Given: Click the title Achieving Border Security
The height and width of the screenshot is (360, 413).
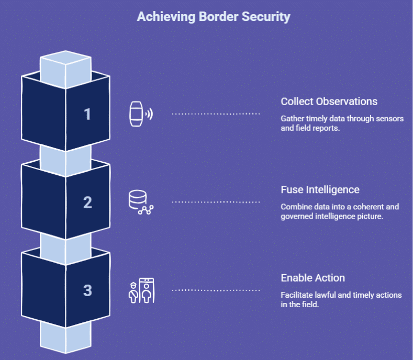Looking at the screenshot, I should click(213, 17).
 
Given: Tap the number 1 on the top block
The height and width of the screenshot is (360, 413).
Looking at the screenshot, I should click(87, 114).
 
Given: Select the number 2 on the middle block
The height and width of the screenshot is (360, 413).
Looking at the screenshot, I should click(87, 202).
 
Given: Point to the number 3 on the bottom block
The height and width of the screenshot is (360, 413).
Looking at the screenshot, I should click(87, 290).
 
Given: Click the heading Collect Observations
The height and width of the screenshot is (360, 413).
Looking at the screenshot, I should click(329, 102).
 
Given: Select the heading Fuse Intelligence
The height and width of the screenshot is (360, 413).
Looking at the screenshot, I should click(320, 189).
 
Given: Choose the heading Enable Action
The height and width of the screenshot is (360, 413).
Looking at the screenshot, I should click(312, 278).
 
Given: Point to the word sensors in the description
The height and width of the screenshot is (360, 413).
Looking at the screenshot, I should click(391, 119).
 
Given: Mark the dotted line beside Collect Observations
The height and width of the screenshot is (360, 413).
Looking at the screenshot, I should click(216, 114).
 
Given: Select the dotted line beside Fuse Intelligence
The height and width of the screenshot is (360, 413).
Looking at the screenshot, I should click(216, 202).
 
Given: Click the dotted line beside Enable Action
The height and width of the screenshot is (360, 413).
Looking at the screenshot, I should click(216, 290).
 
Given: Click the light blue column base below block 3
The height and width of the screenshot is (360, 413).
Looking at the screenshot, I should click(65, 337).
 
